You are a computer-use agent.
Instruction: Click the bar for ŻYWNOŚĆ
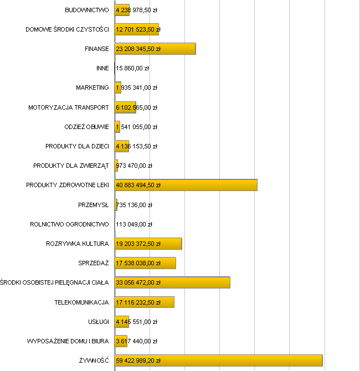(218, 360)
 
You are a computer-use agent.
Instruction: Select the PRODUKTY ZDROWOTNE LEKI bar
(186, 185)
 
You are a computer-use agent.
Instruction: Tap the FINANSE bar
(155, 49)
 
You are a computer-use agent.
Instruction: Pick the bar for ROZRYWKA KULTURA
(148, 244)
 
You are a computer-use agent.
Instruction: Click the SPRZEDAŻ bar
(145, 263)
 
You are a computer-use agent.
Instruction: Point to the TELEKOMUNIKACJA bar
(144, 302)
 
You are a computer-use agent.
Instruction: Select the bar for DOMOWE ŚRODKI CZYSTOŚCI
(136, 29)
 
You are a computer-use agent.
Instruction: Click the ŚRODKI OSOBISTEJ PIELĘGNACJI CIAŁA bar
(172, 282)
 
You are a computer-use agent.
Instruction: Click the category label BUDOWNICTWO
(87, 10)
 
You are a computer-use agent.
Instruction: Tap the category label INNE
(102, 68)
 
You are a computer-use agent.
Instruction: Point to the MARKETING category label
(92, 87)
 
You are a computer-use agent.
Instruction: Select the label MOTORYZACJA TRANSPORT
(69, 107)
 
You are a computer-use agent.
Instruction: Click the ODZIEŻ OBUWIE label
(86, 127)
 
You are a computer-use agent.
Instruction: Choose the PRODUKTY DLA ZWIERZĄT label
(71, 166)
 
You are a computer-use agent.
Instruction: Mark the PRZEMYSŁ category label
(94, 205)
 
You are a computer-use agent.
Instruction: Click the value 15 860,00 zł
(132, 68)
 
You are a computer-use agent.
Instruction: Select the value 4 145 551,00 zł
(136, 322)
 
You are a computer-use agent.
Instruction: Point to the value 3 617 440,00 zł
(136, 341)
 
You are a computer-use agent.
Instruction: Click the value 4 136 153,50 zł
(136, 146)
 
